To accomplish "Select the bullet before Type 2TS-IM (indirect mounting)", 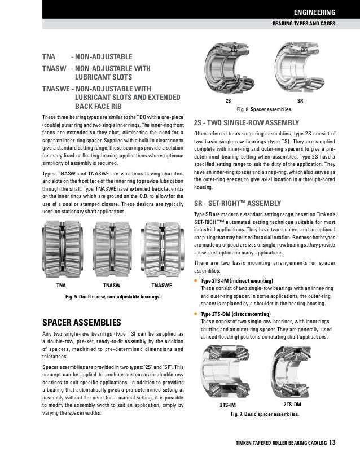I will coord(196,281).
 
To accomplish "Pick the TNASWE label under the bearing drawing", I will coord(158,286).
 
